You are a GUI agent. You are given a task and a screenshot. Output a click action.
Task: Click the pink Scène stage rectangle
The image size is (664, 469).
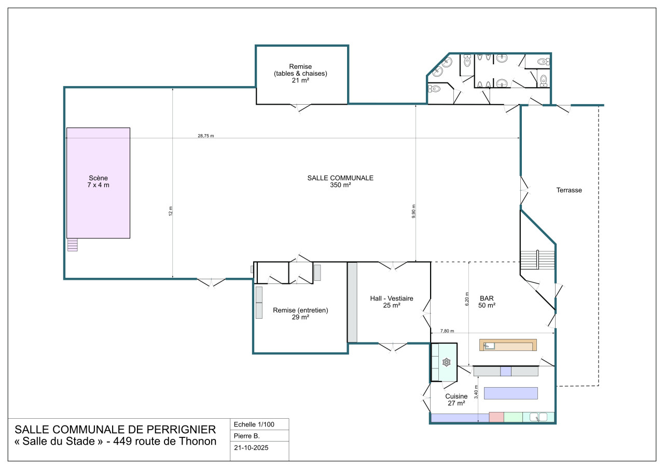click(98, 183)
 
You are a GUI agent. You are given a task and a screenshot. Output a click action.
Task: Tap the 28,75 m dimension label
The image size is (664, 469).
click(206, 136)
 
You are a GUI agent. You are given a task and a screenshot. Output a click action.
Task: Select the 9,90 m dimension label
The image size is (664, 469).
click(413, 211)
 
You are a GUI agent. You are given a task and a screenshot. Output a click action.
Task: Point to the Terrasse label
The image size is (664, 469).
click(569, 190)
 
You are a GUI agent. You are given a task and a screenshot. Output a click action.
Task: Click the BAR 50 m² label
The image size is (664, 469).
click(487, 302)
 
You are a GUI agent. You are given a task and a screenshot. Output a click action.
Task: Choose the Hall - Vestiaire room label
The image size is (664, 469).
click(392, 302)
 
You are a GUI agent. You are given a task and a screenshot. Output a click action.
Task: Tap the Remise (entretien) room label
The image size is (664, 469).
click(300, 314)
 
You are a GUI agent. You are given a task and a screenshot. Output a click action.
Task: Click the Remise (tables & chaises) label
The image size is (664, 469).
click(300, 74)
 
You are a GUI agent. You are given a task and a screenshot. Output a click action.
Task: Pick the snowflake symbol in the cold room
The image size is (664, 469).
click(447, 362)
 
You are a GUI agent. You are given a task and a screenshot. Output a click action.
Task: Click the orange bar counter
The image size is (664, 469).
click(508, 345)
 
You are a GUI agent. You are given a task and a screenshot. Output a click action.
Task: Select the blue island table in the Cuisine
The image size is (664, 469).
click(511, 393)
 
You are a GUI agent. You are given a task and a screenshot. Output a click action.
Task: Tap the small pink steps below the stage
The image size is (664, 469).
click(73, 245)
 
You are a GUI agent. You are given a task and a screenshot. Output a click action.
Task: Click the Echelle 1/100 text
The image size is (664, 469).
click(254, 424)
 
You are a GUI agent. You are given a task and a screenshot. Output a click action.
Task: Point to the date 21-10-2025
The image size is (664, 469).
click(251, 448)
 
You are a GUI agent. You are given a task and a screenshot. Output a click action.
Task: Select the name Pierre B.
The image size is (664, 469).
click(246, 436)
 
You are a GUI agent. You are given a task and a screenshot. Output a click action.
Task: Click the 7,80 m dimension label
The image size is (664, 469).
click(447, 331)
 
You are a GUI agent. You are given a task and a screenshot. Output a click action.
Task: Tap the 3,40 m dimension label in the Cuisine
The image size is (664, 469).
click(476, 392)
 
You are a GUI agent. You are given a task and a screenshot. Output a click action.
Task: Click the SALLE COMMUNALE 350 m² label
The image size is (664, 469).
click(340, 181)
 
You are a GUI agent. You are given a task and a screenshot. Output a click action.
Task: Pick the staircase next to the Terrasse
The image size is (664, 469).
click(537, 260)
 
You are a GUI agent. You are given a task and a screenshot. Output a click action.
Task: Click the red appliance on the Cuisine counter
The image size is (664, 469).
click(496, 417)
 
